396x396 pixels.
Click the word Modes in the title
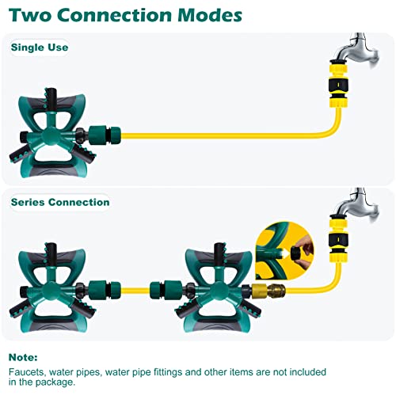coord(210,15)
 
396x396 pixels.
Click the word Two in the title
coord(30,15)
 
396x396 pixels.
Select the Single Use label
coord(40,48)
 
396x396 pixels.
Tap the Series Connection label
coord(60,202)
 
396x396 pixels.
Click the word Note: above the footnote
coord(23,357)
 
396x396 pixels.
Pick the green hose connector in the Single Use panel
coord(105,135)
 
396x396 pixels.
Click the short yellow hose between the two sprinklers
coord(135,291)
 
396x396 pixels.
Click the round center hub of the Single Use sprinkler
coord(50,135)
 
